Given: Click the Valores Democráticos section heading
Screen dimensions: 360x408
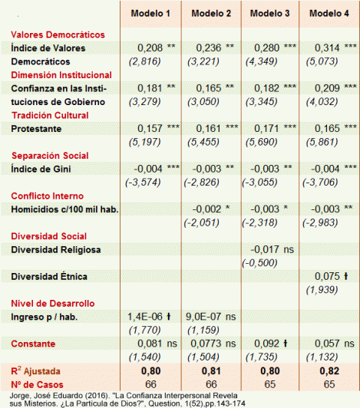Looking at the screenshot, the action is tap(58, 35).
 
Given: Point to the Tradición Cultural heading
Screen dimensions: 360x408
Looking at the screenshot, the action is tap(50, 115).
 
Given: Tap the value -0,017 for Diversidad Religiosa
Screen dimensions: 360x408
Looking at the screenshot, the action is tap(263, 248).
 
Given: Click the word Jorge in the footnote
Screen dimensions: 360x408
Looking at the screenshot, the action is tap(15, 396).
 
